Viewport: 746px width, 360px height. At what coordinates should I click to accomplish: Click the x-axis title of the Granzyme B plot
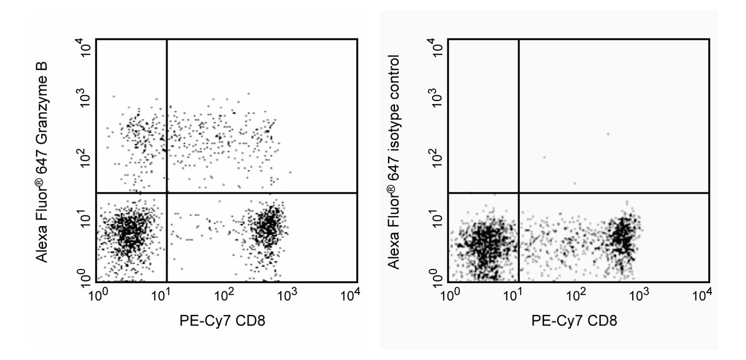222,321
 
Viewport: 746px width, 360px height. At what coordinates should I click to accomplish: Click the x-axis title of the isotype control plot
574,321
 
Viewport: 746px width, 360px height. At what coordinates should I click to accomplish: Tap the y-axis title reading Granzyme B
42,162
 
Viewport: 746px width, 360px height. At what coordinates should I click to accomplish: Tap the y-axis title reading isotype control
393,162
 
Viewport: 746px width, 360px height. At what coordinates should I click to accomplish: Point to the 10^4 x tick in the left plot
350,295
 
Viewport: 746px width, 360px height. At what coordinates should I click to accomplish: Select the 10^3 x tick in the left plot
287,295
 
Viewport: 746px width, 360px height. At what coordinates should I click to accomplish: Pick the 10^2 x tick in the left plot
224,295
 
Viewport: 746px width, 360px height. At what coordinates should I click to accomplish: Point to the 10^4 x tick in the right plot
702,295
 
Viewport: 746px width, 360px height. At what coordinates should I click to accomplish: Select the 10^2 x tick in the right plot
576,295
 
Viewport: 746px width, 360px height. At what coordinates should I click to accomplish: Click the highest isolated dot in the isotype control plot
608,134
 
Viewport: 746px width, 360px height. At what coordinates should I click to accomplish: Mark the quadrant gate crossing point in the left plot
167,193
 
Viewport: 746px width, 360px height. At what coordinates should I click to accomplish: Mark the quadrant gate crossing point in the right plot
518,193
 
